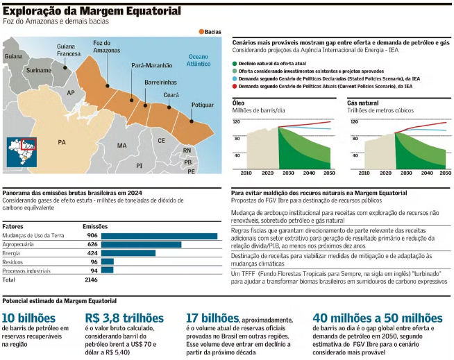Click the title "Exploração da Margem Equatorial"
pos(92,11)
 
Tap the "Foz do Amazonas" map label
pos(106,47)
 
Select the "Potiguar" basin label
pos(203,105)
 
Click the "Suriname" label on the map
pos(38,71)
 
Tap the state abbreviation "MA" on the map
pos(122,146)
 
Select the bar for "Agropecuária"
pos(142,244)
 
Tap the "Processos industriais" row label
pos(30,271)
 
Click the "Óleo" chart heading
pos(238,103)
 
